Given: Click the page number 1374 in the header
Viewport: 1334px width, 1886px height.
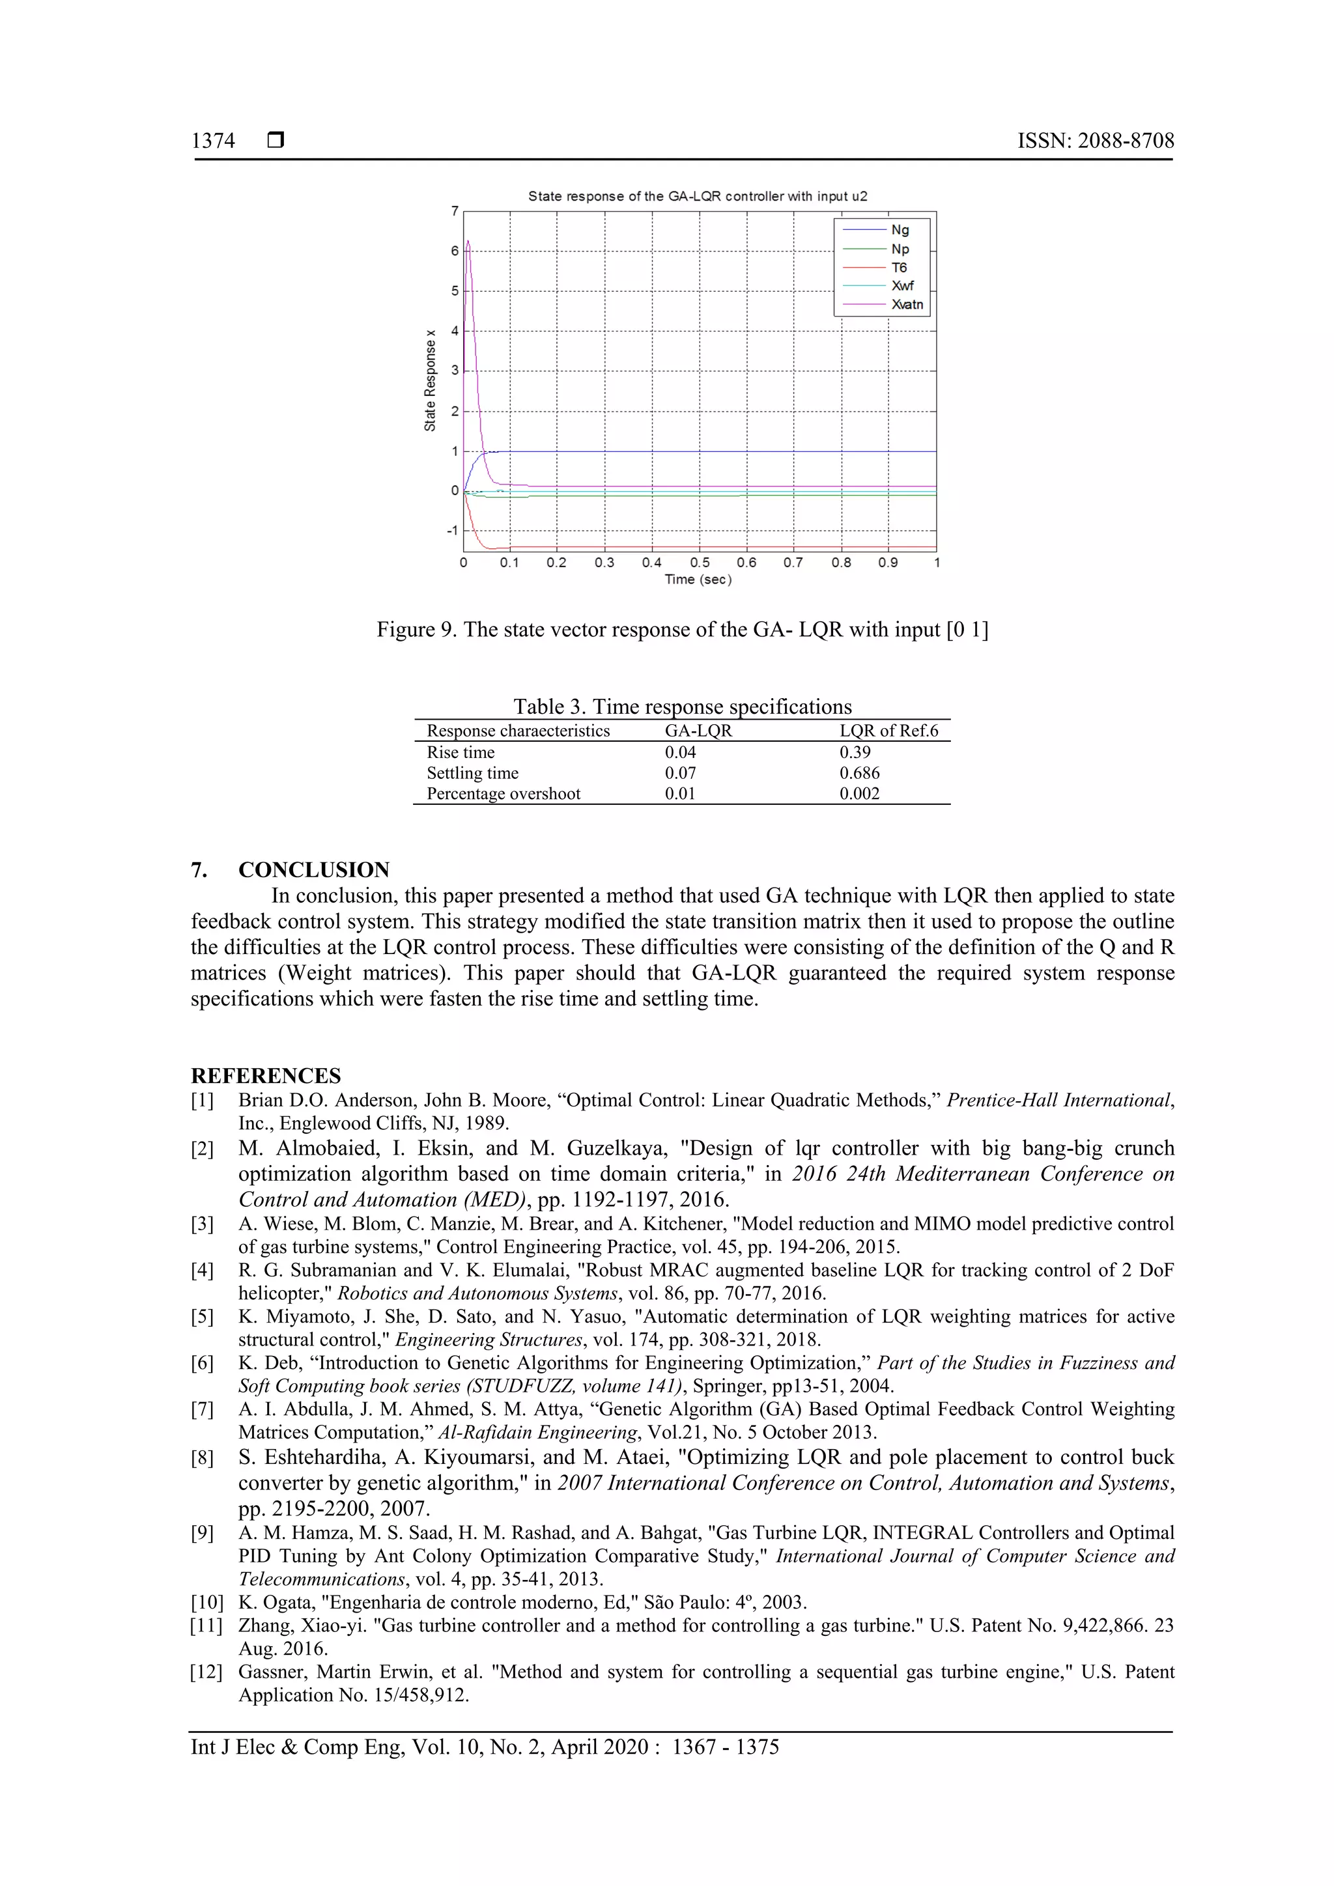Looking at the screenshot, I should [x=213, y=141].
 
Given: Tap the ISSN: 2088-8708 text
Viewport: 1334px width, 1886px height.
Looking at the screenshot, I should [x=1095, y=141].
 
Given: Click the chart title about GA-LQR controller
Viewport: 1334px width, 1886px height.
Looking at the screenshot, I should [x=698, y=196].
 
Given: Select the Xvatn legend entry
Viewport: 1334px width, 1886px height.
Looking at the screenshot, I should [x=907, y=305].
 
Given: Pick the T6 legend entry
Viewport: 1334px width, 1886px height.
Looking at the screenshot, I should [x=899, y=268].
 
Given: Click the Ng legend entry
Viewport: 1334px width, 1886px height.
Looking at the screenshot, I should [x=900, y=230].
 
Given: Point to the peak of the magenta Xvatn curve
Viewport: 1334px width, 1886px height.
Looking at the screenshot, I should [x=468, y=242].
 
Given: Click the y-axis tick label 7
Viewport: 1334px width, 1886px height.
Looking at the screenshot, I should [x=454, y=212].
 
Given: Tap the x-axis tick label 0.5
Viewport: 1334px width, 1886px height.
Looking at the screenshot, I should [x=699, y=563].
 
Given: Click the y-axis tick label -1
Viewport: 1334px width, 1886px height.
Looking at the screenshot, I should [x=453, y=531].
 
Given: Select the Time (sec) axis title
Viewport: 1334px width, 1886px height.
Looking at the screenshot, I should [x=698, y=580].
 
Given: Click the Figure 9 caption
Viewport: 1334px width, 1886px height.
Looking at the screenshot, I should [x=682, y=630].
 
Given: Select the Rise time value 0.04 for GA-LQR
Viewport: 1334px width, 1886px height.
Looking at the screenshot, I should [x=680, y=752].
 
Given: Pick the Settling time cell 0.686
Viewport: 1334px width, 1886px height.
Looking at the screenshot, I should [x=859, y=773].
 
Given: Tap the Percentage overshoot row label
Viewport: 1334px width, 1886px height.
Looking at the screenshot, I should [x=503, y=793].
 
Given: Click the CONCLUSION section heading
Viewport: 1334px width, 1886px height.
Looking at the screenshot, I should [x=314, y=870].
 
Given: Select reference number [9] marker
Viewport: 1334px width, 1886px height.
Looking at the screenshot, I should [x=202, y=1534].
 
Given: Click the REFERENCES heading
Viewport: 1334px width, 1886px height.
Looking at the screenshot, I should [x=265, y=1076].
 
